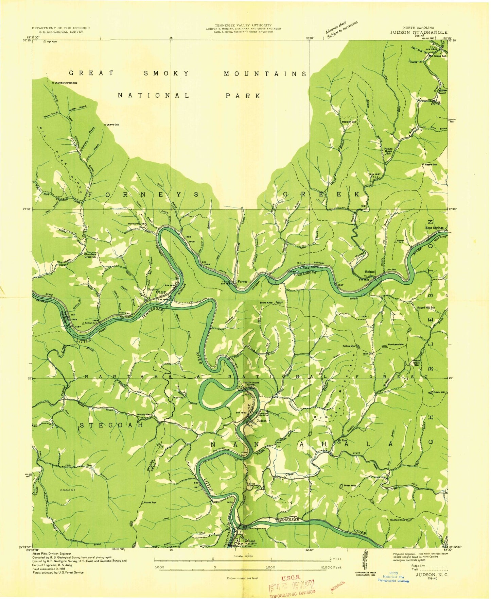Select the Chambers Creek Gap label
tap(66, 83)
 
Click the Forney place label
tap(242, 281)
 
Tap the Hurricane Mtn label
tap(397, 344)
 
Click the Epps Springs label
tap(434, 228)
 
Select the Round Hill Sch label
tap(426, 307)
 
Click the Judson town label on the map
tap(262, 420)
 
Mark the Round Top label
tap(150, 502)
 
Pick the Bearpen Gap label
tap(348, 121)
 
